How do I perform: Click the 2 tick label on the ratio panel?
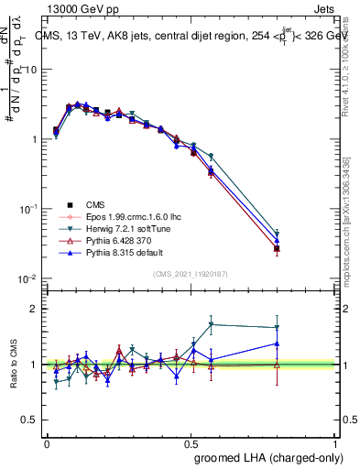click(33, 309)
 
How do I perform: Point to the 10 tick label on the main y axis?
click(30, 71)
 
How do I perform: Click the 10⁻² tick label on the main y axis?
click(28, 278)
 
